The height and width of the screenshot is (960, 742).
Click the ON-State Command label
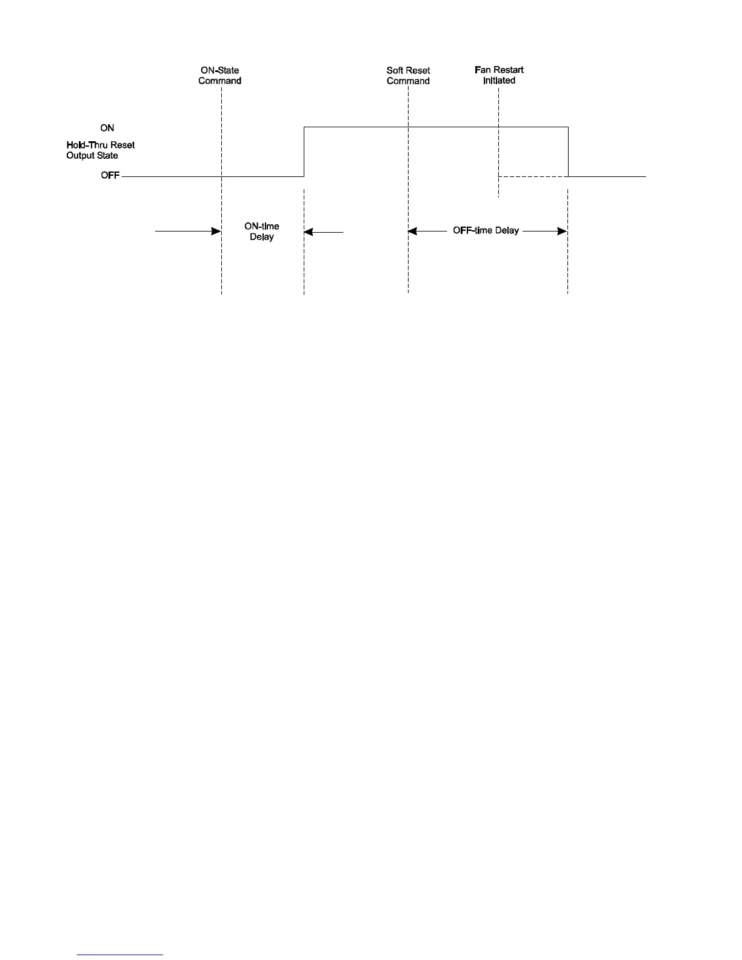coord(220,76)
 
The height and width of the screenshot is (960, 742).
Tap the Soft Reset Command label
coord(409,76)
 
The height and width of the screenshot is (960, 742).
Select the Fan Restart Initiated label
coord(499,75)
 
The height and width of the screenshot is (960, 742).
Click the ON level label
coord(107,128)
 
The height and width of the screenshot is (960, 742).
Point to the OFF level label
coord(110,176)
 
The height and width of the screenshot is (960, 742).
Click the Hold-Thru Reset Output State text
coord(101,150)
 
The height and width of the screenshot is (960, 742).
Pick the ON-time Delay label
coord(262,232)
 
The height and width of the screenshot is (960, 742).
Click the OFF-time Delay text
coord(486,230)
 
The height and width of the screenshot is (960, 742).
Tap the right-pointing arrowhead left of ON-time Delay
coord(216,231)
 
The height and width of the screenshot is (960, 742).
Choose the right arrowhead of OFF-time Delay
coord(563,231)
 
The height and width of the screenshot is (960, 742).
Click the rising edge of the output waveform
coord(304,152)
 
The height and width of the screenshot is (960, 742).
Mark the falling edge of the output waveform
coord(568,152)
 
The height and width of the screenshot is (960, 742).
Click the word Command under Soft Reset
coord(409,81)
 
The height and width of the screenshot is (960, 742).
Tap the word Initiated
coord(499,81)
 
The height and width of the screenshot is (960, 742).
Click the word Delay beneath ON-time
coord(262,237)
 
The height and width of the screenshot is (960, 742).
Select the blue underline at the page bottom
coord(121,955)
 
